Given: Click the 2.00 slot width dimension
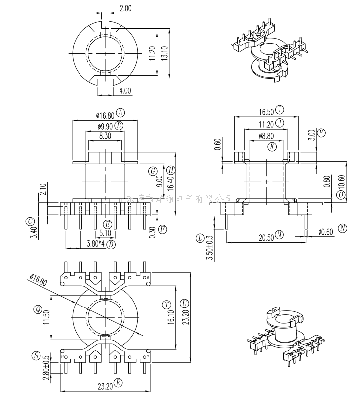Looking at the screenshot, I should (125, 8).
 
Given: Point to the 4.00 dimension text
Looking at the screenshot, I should (125, 90).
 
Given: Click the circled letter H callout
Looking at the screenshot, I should (171, 170).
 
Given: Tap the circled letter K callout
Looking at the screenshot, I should (272, 146).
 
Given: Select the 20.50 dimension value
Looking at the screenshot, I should (266, 237).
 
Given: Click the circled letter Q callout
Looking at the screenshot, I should (38, 309).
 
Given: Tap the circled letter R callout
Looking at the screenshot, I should (118, 382).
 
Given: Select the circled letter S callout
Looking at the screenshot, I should (36, 355).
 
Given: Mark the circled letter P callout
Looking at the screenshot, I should (321, 132).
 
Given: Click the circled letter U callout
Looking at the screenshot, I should (184, 303).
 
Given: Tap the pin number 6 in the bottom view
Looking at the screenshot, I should (148, 278).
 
